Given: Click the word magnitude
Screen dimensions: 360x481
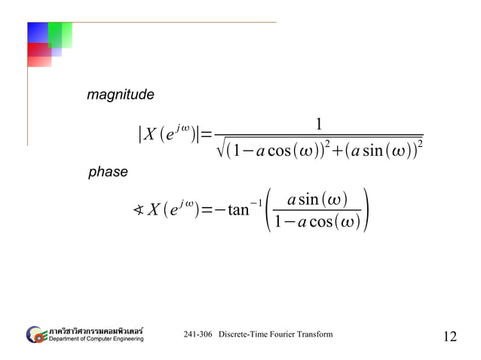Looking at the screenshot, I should pyautogui.click(x=121, y=96).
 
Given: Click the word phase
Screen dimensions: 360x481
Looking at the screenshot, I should pyautogui.click(x=108, y=172).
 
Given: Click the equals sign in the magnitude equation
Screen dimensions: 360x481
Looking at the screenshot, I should pyautogui.click(x=207, y=136).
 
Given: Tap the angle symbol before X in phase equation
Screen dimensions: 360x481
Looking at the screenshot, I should pyautogui.click(x=139, y=209).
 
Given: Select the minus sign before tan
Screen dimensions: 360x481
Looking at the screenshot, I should pyautogui.click(x=219, y=209).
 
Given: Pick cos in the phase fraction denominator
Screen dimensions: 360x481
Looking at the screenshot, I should pyautogui.click(x=320, y=223).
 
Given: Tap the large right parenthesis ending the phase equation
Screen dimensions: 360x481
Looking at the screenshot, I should pyautogui.click(x=365, y=210).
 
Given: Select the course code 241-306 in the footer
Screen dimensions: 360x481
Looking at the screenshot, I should pyautogui.click(x=198, y=334).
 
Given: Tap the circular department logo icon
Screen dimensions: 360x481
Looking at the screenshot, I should pyautogui.click(x=35, y=334).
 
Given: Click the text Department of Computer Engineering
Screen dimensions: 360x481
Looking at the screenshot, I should pyautogui.click(x=94, y=339).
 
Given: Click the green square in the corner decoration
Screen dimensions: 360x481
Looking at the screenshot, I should pyautogui.click(x=60, y=34).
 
